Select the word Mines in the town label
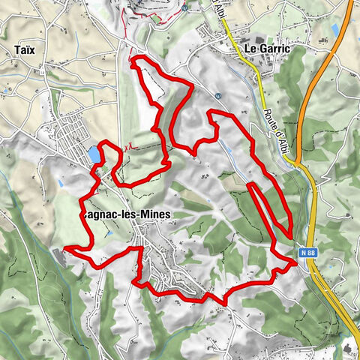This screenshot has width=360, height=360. click(x=150, y=214)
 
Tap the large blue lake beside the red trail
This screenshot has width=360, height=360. click(x=94, y=154)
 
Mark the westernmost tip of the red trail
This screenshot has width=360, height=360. click(x=65, y=247)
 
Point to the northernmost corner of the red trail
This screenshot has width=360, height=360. click(x=133, y=58)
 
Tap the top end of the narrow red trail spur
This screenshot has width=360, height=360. click(x=250, y=182)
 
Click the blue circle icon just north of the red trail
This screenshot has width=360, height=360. click(x=217, y=96)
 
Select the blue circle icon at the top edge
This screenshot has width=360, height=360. click(x=184, y=8)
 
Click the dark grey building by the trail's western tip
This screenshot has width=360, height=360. click(x=60, y=257)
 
